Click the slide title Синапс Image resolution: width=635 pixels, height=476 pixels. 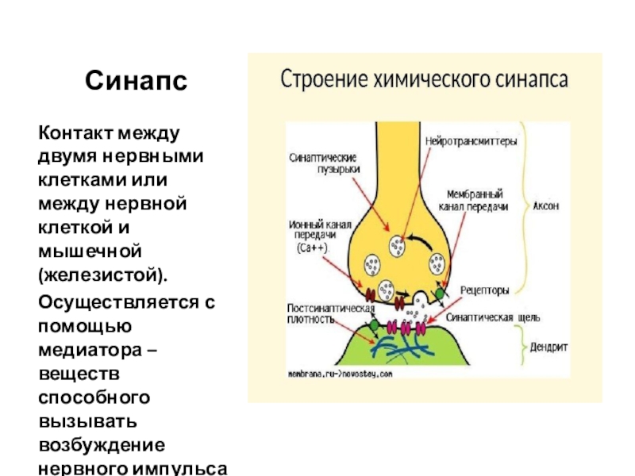(x=137, y=80)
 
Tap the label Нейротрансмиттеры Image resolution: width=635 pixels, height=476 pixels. (x=471, y=143)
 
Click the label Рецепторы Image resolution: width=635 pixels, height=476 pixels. (x=486, y=290)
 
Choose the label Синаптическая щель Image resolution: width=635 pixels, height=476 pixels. (x=494, y=318)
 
